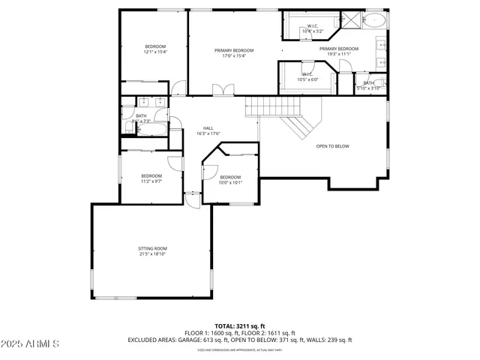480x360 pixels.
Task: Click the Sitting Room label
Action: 152,248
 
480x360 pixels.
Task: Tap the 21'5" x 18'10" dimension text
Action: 152,254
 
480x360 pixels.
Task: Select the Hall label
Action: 208,127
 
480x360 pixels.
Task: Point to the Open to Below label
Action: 332,146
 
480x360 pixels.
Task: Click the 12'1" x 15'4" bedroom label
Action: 155,46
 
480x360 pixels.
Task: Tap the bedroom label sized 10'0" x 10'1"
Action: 230,177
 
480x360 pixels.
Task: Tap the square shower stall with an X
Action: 350,20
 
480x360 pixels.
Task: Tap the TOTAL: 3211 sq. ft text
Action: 240,325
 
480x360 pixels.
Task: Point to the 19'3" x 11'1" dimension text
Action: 339,54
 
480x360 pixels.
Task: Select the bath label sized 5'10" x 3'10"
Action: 369,85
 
